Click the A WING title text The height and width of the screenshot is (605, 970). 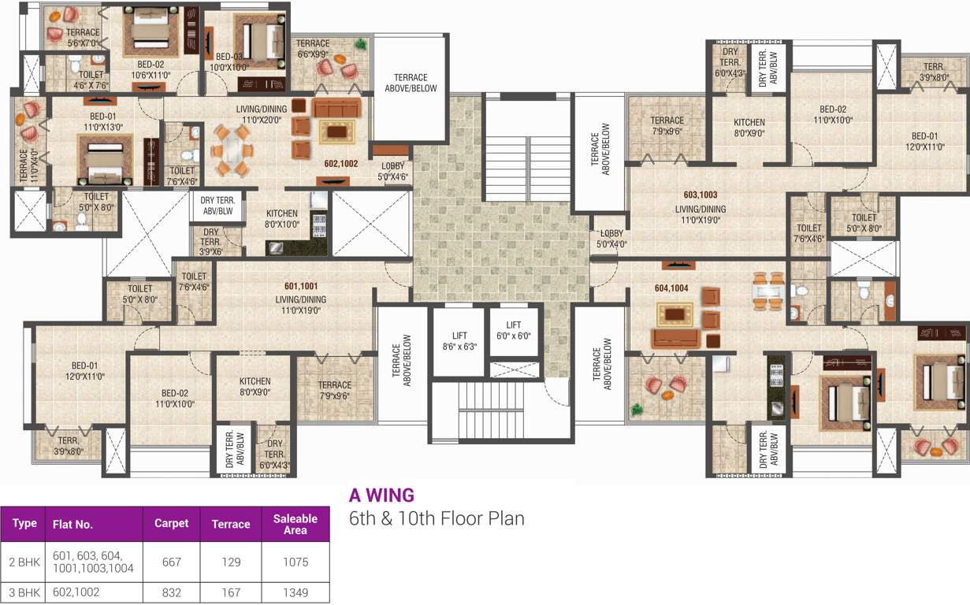pos(381,496)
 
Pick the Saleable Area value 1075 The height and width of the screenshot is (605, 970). pos(295,562)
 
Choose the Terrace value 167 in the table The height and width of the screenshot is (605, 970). pos(230,592)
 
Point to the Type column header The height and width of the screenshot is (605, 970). pos(24,523)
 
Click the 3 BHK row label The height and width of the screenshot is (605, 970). pos(24,592)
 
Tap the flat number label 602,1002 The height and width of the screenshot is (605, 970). pos(340,164)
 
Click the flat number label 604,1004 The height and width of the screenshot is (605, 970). pos(671,288)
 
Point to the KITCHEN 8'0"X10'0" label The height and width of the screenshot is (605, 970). pos(281,218)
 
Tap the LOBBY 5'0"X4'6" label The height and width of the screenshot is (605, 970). pos(392,171)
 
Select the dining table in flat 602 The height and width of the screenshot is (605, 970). pos(232,150)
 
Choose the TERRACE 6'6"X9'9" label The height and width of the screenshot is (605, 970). pos(313,49)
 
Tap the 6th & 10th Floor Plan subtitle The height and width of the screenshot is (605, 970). pos(437,518)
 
